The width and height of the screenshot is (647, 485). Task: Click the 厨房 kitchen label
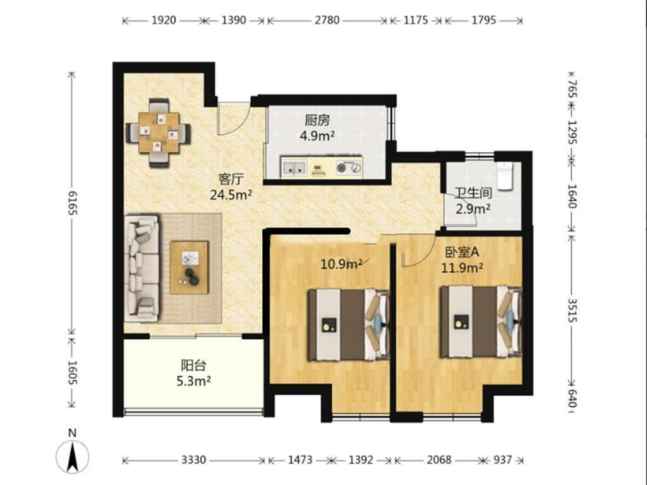[317, 121]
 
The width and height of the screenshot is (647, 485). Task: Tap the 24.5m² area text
[231, 195]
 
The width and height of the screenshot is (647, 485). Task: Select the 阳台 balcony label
[193, 366]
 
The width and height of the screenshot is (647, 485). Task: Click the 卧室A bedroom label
[462, 251]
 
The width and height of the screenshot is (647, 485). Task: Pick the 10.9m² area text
[341, 264]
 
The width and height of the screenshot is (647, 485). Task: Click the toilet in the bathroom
[505, 176]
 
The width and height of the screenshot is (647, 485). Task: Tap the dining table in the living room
[159, 133]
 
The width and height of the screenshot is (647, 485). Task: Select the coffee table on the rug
[190, 268]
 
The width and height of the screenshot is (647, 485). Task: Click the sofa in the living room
[142, 268]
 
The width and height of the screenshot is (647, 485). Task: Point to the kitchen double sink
[294, 168]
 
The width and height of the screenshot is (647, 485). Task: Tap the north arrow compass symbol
[73, 457]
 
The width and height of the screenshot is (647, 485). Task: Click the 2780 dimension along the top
[327, 20]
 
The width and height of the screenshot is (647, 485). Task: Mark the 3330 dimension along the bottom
[193, 460]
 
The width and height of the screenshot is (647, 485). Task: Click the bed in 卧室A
[481, 321]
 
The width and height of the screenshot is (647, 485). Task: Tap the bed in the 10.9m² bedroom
[349, 324]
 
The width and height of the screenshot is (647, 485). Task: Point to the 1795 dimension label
[483, 20]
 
